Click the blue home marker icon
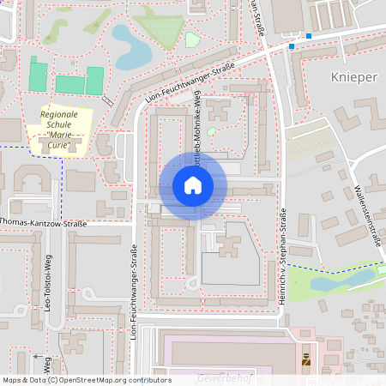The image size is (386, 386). pos(193,185)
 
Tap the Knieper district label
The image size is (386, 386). pos(353,77)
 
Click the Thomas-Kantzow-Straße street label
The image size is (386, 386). pos(43,224)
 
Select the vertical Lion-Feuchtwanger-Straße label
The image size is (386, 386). pos(134,292)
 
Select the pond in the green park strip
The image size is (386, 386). pos(329,281)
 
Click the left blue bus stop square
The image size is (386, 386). pos(292,46)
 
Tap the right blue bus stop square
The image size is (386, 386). pos(309,36)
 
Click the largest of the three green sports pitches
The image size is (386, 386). pos(70,85)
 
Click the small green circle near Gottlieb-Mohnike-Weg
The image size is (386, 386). pos(212,131)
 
